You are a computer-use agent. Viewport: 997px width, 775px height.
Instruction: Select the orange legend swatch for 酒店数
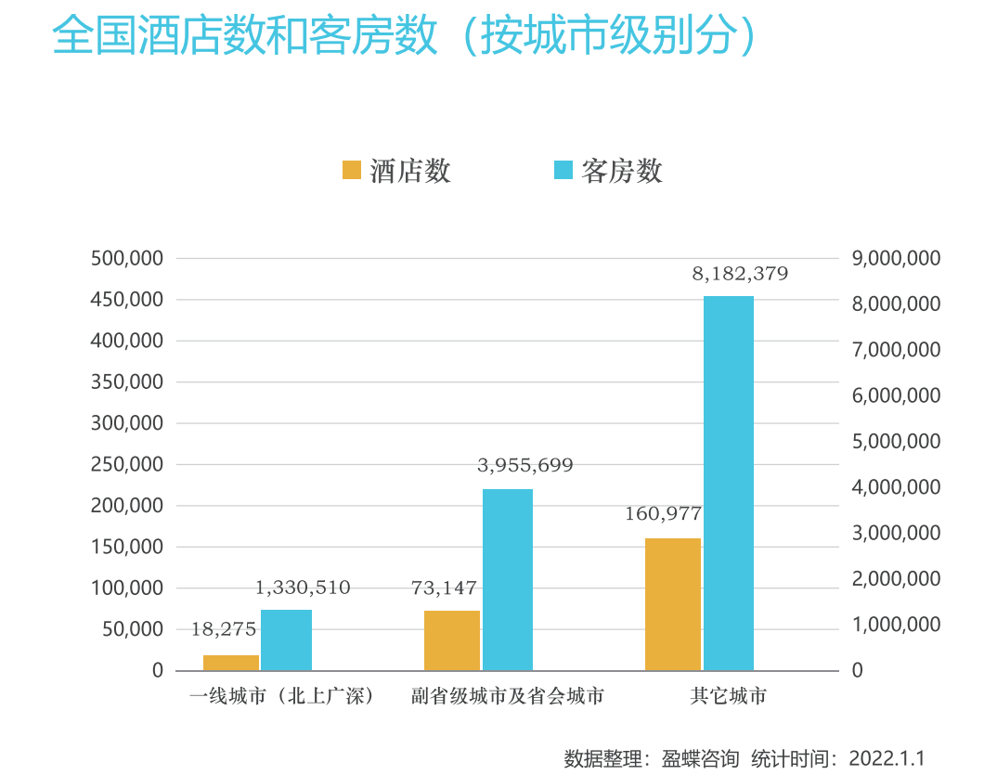coord(352,170)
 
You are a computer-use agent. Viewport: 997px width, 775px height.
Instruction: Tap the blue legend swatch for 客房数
coord(563,170)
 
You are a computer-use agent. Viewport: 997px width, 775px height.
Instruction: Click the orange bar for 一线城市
coord(231,662)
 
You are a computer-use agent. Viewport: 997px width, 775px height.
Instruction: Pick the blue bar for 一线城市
coord(286,639)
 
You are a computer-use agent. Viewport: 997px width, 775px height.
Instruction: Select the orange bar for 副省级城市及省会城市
coord(452,639)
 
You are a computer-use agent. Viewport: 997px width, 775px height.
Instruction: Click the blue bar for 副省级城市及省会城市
coord(508,579)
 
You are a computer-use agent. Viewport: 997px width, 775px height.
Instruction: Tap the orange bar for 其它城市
coord(673,603)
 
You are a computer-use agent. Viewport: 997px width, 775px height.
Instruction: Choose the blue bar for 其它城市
coord(729,483)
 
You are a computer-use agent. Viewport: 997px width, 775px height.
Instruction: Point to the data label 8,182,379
coord(740,274)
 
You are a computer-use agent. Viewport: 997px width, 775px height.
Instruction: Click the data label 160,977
coord(663,513)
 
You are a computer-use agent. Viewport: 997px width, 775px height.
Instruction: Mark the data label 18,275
coord(224,629)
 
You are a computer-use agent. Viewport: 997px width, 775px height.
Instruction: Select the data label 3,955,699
coord(525,465)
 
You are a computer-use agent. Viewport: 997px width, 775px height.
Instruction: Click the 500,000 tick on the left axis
coord(127,258)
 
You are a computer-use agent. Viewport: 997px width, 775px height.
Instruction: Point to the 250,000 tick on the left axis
coord(127,464)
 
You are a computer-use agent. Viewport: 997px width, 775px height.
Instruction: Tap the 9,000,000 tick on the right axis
coord(896,258)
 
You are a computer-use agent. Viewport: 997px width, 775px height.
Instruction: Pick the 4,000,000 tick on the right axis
coord(896,486)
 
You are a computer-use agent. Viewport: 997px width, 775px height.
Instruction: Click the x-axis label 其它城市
coord(729,696)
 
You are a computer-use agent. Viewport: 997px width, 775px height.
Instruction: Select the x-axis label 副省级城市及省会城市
coord(508,696)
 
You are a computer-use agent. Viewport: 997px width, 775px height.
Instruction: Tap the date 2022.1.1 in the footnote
coord(887,757)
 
